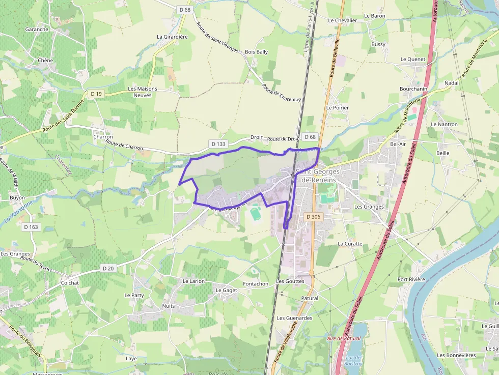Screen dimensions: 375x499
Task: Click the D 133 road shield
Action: pyautogui.click(x=217, y=144)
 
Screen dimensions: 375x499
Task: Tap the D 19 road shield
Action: pyautogui.click(x=96, y=94)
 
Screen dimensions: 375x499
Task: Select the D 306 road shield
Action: pyautogui.click(x=314, y=217)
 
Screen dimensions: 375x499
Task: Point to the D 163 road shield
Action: pyautogui.click(x=31, y=227)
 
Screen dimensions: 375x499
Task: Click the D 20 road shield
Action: pyautogui.click(x=107, y=268)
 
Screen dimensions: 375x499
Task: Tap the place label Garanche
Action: pyautogui.click(x=37, y=30)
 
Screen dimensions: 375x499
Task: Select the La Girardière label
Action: pyautogui.click(x=173, y=37)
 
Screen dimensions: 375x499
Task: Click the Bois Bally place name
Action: pyautogui.click(x=256, y=52)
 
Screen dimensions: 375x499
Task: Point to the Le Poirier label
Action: pyautogui.click(x=338, y=108)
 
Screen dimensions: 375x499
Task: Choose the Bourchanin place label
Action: pyautogui.click(x=413, y=89)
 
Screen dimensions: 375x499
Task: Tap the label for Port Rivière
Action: pyautogui.click(x=411, y=279)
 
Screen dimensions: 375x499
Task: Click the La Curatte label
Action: pyautogui.click(x=350, y=244)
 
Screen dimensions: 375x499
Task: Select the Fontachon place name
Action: pyautogui.click(x=256, y=283)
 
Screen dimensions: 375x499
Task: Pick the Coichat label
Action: pyautogui.click(x=70, y=282)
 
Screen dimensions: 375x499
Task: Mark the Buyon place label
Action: pyautogui.click(x=17, y=197)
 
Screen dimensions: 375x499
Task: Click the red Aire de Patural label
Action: pyautogui.click(x=344, y=338)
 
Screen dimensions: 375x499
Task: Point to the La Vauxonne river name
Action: pyautogui.click(x=18, y=213)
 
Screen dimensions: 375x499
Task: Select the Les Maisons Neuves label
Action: pyautogui.click(x=142, y=92)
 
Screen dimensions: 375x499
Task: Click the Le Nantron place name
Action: pyautogui.click(x=444, y=124)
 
